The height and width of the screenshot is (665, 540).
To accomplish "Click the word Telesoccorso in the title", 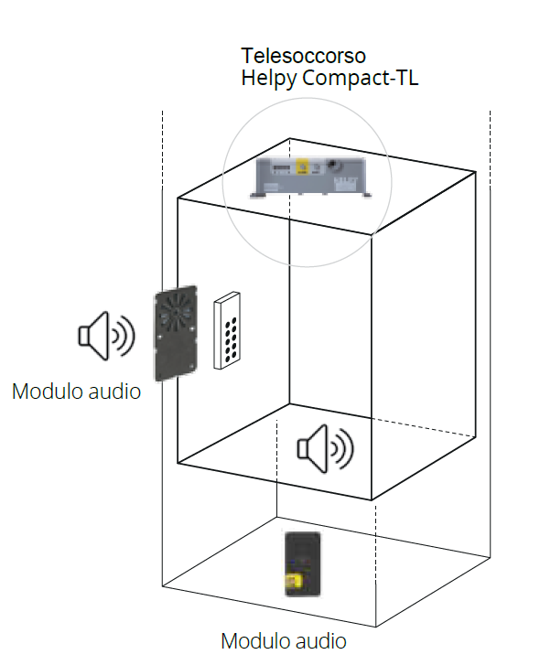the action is (303, 56).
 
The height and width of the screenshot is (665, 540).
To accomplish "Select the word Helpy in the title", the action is (269, 79).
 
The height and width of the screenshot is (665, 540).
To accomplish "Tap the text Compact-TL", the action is (360, 78).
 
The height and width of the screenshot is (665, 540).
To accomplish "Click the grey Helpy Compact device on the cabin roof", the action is (311, 177).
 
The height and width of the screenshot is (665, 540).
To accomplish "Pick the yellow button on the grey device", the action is (302, 166).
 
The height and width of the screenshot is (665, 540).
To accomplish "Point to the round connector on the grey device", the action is (333, 164).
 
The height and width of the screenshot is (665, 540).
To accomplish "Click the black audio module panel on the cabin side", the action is (176, 333).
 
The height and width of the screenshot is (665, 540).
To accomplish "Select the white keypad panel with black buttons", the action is (227, 330).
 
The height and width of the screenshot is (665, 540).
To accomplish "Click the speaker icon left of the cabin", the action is (107, 336).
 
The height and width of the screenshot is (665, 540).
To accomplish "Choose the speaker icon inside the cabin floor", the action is (325, 448).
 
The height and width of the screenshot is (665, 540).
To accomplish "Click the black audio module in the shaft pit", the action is (302, 564).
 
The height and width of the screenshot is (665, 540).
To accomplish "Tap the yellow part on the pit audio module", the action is (294, 581).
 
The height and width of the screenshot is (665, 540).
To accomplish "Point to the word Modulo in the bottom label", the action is (255, 641).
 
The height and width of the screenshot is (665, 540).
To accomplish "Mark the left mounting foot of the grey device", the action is (257, 195).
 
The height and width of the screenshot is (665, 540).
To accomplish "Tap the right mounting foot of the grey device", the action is (366, 195).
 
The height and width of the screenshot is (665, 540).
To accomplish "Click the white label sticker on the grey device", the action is (346, 185).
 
